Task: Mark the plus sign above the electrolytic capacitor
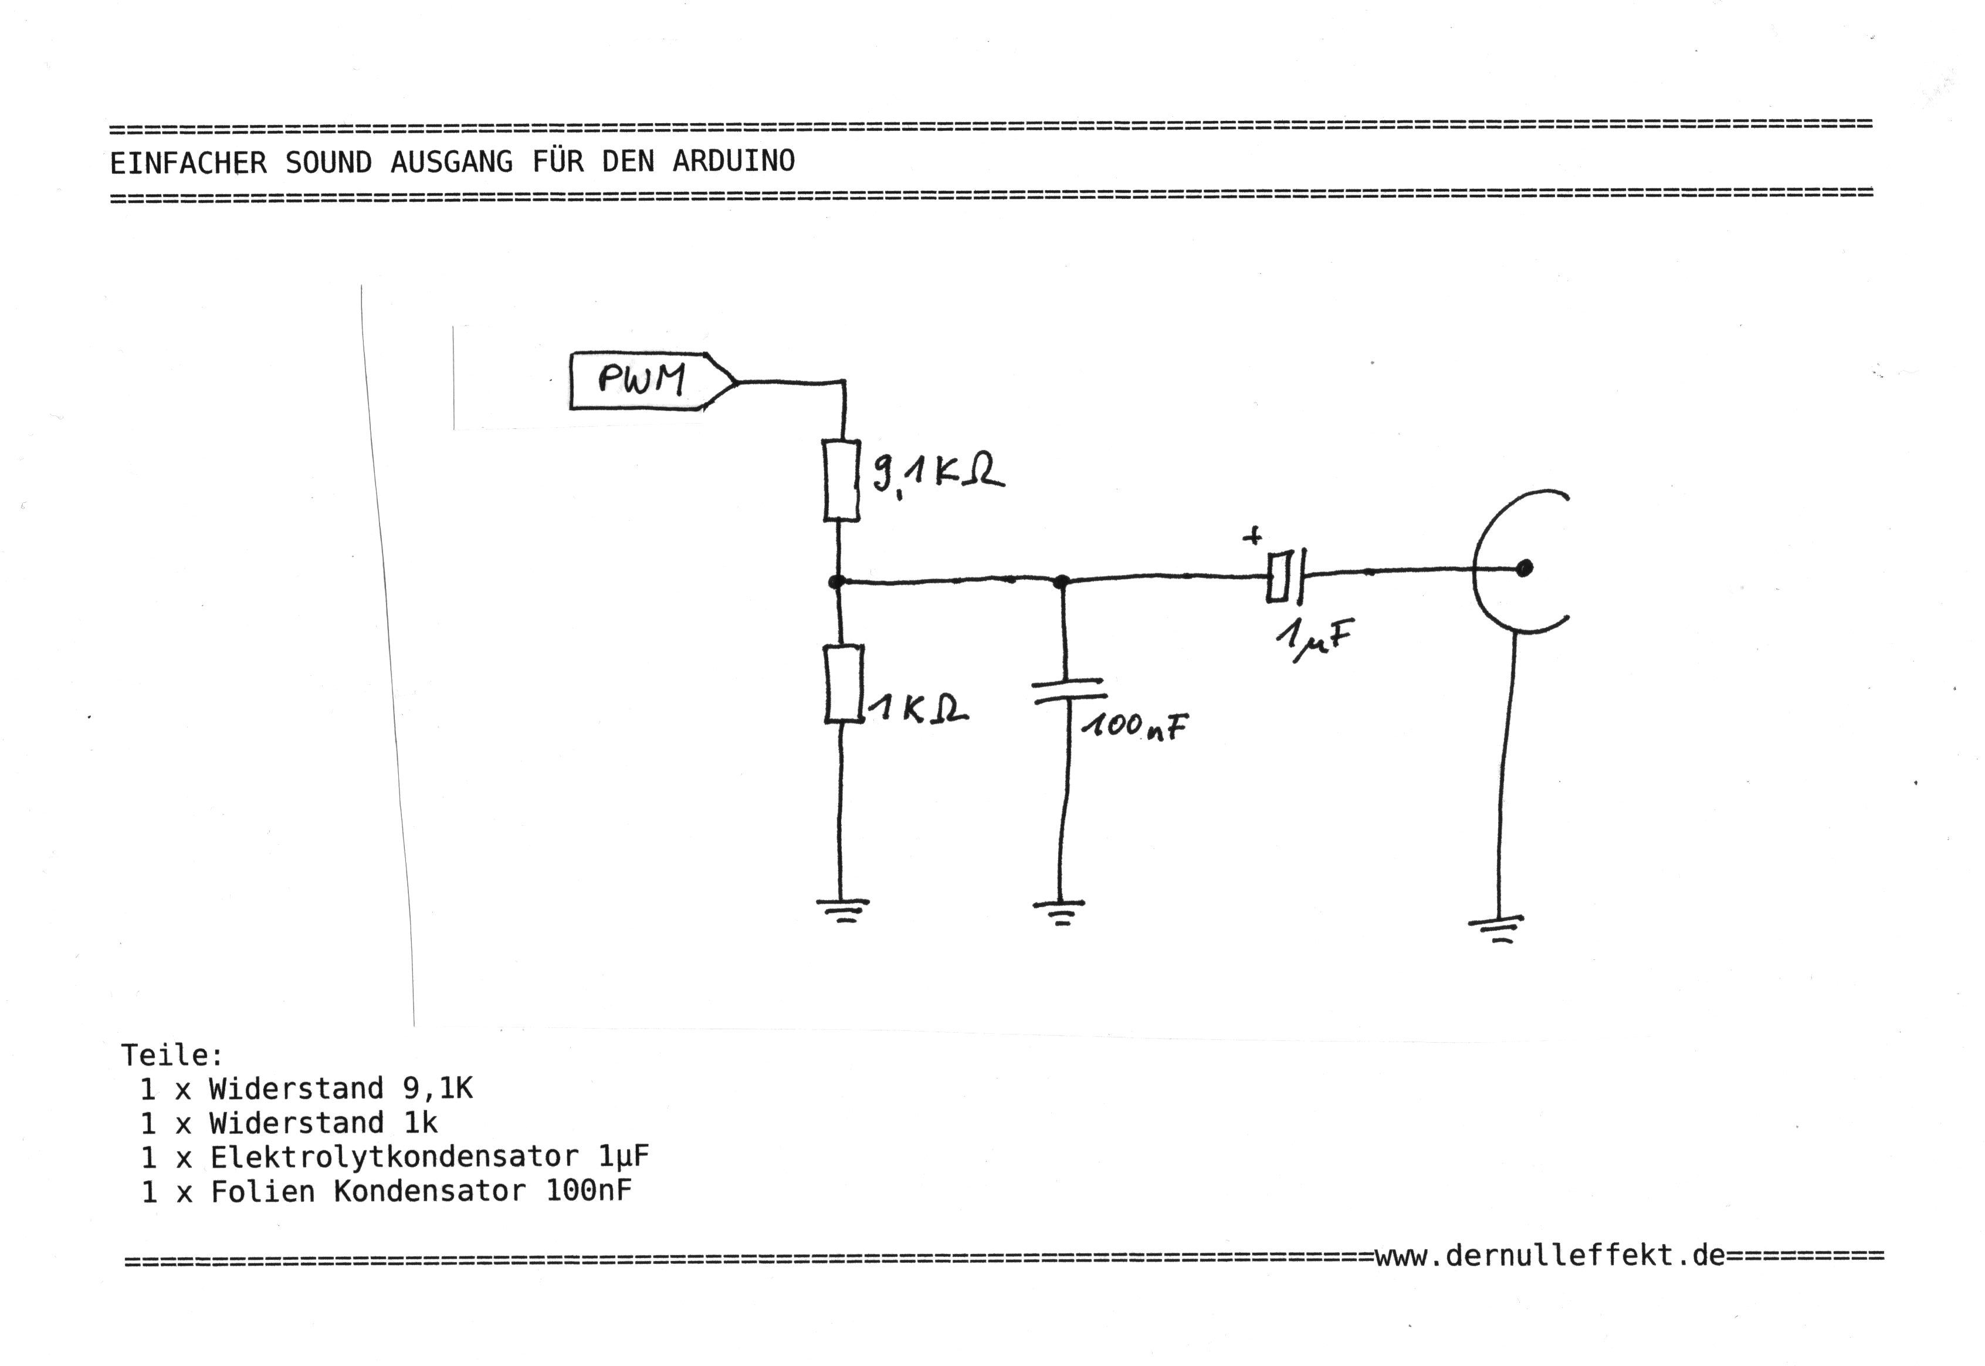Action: pos(1252,537)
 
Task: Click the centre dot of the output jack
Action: pos(1524,567)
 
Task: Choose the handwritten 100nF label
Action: pos(1134,726)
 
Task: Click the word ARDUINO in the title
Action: pos(733,161)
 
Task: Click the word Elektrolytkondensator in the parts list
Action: pos(394,1157)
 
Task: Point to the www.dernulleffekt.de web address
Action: pos(1550,1256)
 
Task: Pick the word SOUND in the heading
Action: pos(328,162)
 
